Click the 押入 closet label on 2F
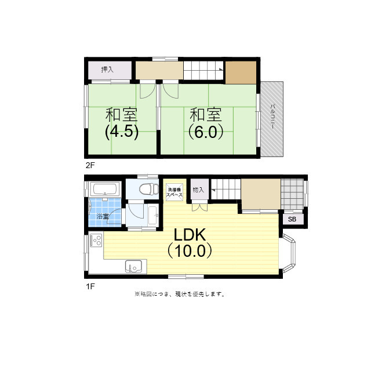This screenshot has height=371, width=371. (x=107, y=70)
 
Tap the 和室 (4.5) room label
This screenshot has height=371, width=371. (x=121, y=122)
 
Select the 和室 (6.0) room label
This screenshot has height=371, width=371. (x=205, y=122)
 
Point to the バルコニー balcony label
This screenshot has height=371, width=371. (x=272, y=119)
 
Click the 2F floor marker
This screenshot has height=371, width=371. (x=90, y=165)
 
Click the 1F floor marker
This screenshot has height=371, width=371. (x=90, y=286)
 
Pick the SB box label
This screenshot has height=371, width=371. (x=292, y=220)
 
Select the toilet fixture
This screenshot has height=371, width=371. (x=148, y=189)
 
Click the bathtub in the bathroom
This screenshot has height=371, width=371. (x=106, y=189)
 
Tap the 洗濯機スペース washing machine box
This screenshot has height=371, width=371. (x=174, y=192)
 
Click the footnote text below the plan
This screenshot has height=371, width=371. (x=179, y=294)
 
